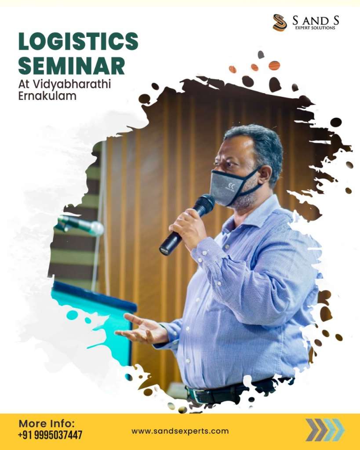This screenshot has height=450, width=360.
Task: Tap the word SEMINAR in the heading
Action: [72, 66]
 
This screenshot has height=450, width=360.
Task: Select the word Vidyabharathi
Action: [72, 85]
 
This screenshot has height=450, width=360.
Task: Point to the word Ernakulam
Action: [47, 96]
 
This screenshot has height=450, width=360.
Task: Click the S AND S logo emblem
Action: [280, 22]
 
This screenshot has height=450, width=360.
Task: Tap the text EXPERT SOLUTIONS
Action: [315, 28]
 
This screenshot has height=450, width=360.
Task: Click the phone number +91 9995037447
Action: [50, 435]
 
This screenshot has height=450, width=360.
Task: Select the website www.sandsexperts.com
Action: [180, 431]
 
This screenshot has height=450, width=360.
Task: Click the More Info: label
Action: [47, 423]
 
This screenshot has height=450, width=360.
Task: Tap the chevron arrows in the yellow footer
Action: [325, 430]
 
